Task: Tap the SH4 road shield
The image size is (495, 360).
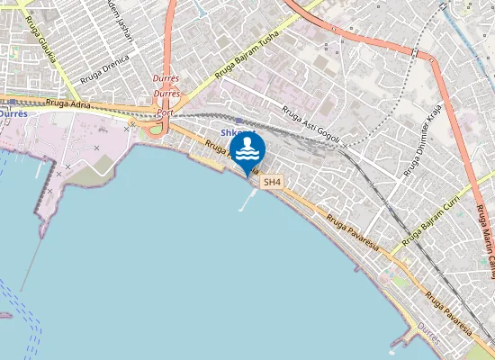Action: [x=272, y=182]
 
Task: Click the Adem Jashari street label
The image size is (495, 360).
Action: [x=120, y=20]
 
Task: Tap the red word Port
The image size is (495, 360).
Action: [x=165, y=113]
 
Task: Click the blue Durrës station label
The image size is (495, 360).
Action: [x=13, y=114]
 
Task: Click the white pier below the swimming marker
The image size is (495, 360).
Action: [x=246, y=202]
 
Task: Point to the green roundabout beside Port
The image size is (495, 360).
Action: [x=156, y=129]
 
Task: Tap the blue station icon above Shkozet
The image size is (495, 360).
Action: [x=238, y=120]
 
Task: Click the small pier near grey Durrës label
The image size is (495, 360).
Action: [x=397, y=340]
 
